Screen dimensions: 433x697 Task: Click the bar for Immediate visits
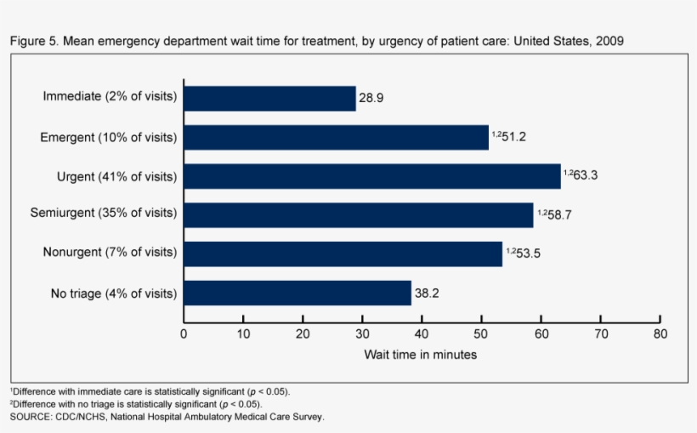click(269, 98)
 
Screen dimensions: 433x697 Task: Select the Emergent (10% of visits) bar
click(336, 137)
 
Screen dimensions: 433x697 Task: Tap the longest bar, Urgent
click(372, 176)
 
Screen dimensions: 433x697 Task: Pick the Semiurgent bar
click(358, 214)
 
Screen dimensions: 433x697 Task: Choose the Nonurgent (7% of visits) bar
click(343, 254)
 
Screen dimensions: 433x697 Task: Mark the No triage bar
click(297, 293)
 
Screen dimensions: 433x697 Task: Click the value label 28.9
click(371, 98)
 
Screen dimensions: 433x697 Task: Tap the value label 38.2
click(427, 293)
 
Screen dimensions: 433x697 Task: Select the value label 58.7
click(558, 215)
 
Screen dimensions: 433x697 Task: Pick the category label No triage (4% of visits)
click(113, 293)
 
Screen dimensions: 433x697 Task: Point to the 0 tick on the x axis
click(184, 333)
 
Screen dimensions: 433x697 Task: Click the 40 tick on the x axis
click(422, 333)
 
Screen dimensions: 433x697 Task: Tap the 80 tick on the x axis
click(660, 333)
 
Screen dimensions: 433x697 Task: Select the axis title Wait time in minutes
click(421, 355)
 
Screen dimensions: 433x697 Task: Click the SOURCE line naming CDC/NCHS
click(167, 417)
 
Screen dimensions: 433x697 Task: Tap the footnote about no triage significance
click(136, 404)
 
